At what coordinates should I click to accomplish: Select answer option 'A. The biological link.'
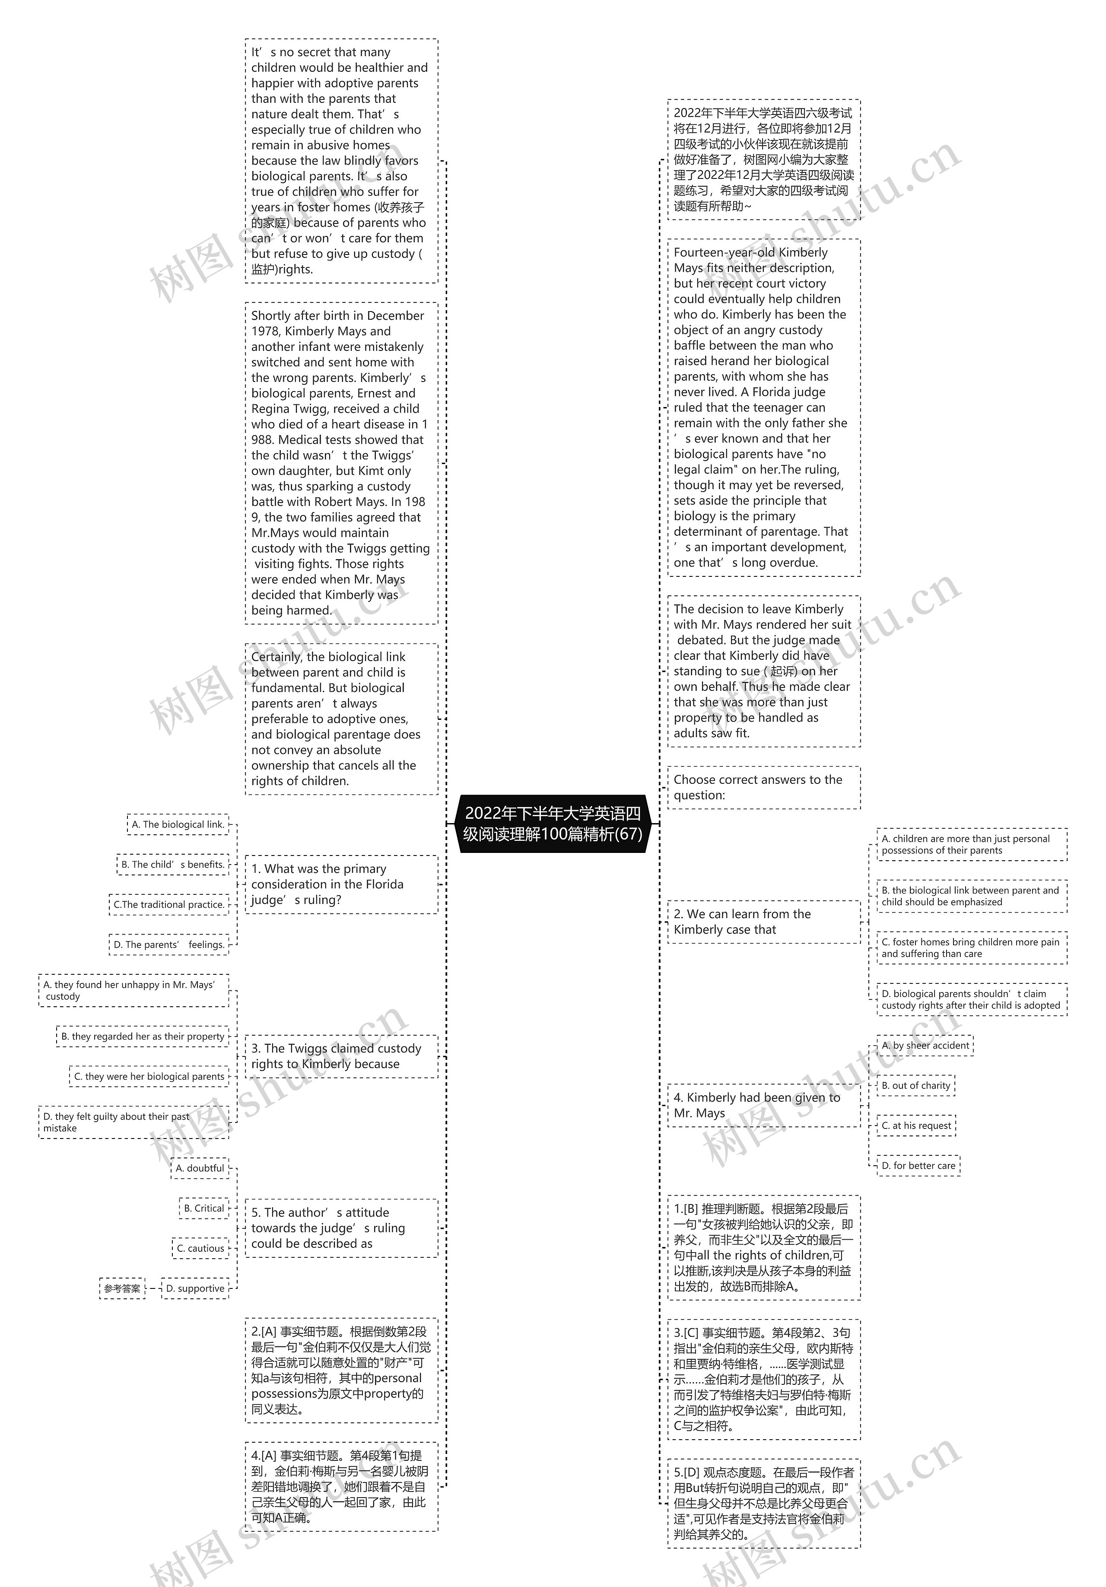click(178, 824)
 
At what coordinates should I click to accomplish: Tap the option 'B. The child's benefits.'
click(173, 865)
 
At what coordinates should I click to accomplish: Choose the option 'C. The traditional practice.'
click(168, 905)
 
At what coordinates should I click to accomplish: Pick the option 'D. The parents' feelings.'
click(168, 945)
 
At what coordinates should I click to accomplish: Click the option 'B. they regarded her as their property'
click(143, 1037)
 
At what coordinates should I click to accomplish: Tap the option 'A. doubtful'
click(200, 1169)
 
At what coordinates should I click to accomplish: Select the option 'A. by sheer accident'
click(925, 1046)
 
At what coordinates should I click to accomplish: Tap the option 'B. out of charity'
click(916, 1086)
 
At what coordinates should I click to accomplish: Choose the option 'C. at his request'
click(916, 1126)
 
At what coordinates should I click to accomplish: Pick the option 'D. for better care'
click(918, 1166)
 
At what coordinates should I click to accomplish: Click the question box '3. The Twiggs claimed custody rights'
click(341, 1056)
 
